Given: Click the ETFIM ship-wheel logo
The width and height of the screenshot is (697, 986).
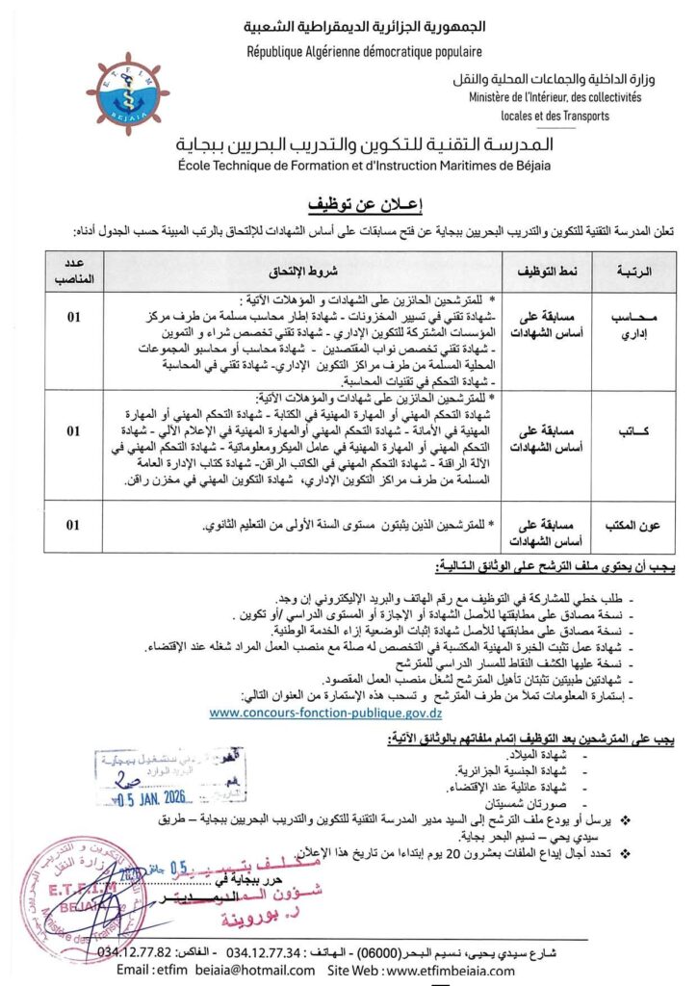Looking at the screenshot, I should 133,93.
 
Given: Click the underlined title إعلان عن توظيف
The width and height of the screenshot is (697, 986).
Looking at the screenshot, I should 348,206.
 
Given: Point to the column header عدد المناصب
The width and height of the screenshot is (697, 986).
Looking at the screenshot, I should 72,272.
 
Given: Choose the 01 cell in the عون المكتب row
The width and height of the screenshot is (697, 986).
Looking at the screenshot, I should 73,526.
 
